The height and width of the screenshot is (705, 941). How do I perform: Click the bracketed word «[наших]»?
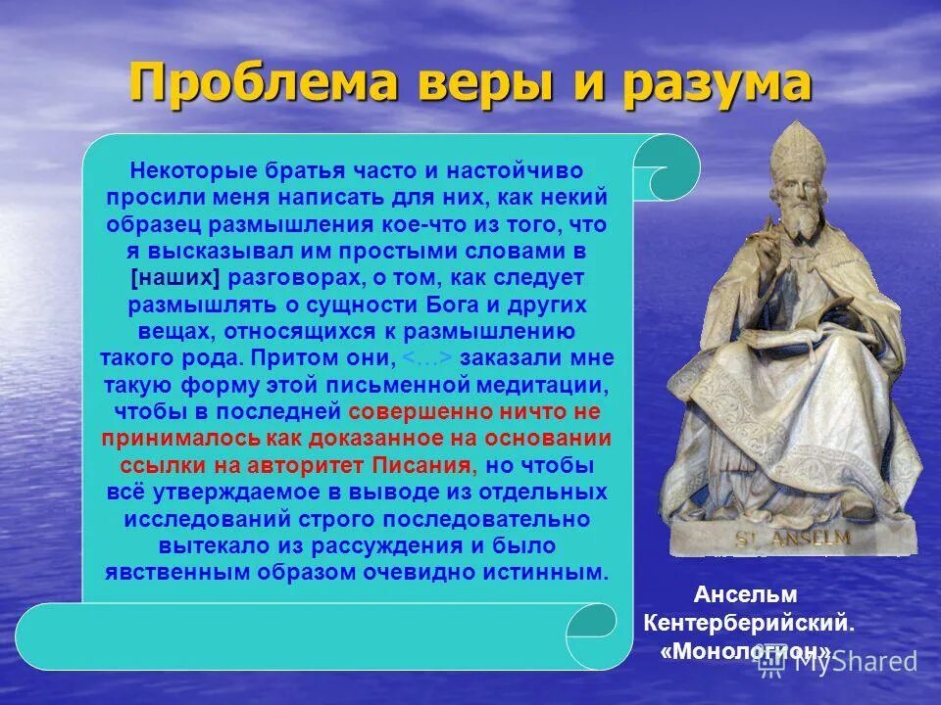(173, 278)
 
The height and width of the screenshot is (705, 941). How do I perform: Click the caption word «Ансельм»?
(745, 594)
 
